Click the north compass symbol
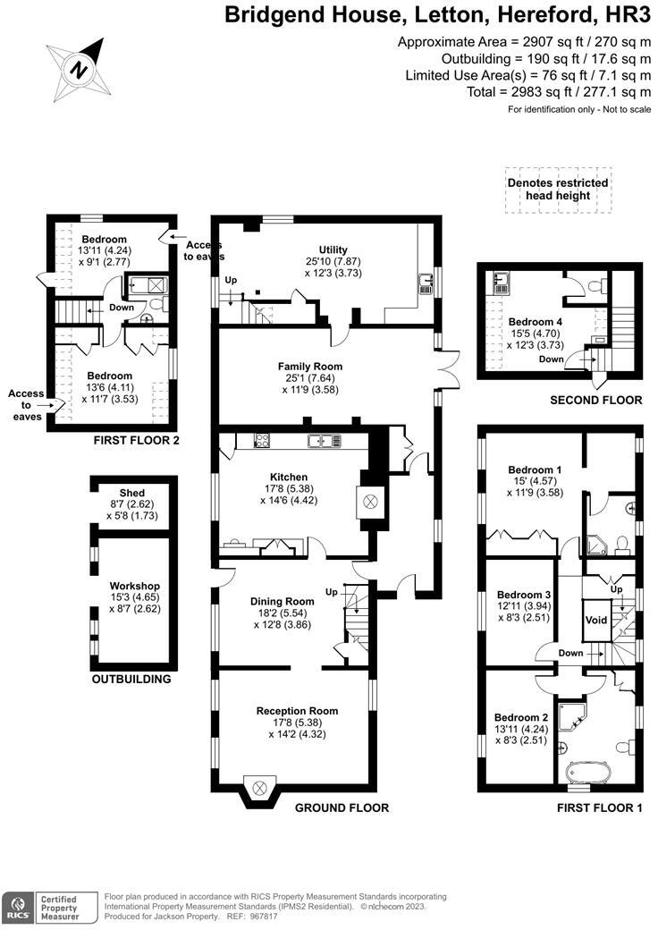80,69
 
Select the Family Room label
309,366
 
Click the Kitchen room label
289,477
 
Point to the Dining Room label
282,601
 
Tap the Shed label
132,494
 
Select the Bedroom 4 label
536,321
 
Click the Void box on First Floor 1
595,620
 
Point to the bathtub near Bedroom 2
588,772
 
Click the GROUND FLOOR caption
342,807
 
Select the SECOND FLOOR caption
595,400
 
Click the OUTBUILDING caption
131,679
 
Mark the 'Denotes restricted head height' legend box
558,190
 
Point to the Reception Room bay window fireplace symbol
260,787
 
